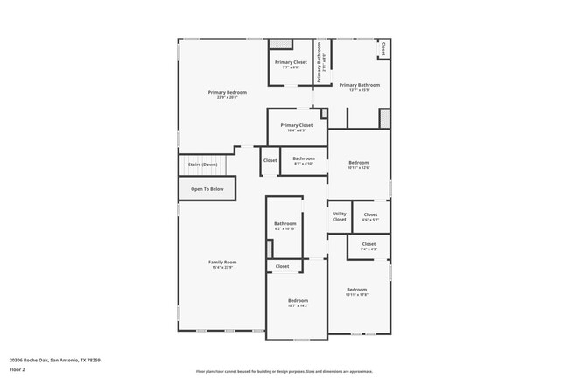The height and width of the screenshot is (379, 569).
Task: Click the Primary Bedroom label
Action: (x=227, y=93)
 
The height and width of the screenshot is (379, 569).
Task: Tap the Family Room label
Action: (x=222, y=263)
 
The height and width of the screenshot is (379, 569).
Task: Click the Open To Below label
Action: (x=207, y=189)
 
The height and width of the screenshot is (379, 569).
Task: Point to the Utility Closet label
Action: (x=339, y=216)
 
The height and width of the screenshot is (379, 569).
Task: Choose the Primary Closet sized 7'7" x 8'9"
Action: (x=290, y=63)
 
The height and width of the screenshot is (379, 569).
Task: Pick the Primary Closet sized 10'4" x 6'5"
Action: (x=296, y=126)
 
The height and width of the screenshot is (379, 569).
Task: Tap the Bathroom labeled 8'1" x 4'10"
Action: (x=303, y=159)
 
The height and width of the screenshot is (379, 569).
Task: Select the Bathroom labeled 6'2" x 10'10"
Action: (x=285, y=224)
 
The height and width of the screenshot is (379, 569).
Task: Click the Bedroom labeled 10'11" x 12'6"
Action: (x=359, y=164)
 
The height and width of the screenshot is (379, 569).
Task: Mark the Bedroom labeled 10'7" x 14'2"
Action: (x=298, y=302)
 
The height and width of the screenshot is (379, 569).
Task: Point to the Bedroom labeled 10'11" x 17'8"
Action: (x=356, y=291)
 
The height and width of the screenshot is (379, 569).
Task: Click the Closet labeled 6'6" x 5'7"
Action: (x=370, y=215)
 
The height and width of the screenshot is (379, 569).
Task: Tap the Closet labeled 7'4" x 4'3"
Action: (x=369, y=245)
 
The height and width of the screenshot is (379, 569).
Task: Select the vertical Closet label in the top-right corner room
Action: (x=383, y=49)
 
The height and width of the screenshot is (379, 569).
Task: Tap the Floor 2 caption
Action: (x=18, y=370)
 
